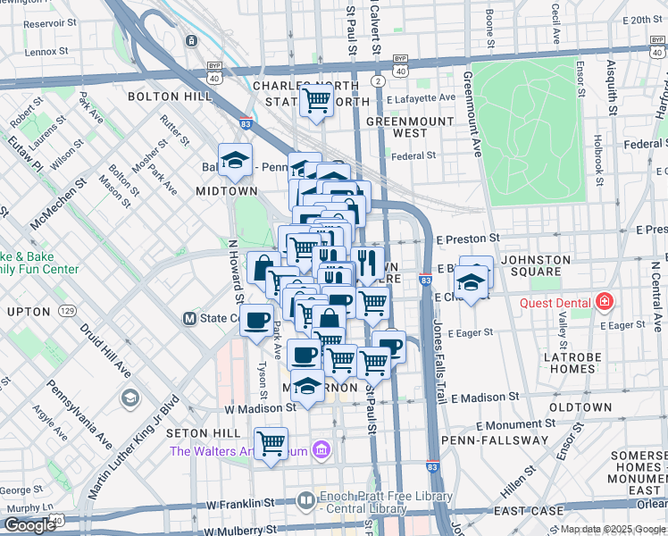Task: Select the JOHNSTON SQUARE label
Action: pyautogui.click(x=536, y=267)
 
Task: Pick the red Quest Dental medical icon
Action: pyautogui.click(x=605, y=302)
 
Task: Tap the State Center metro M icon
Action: pyautogui.click(x=189, y=318)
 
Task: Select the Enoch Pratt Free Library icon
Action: pyautogui.click(x=305, y=499)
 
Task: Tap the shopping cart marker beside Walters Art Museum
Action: pyautogui.click(x=271, y=441)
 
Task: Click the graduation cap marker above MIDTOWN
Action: pyautogui.click(x=235, y=159)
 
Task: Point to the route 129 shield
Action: pyautogui.click(x=67, y=310)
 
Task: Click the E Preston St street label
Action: pyautogui.click(x=468, y=239)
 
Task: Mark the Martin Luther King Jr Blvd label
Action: pyautogui.click(x=134, y=447)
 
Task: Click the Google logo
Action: pyautogui.click(x=29, y=525)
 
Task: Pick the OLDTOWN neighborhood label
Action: pyautogui.click(x=580, y=407)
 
